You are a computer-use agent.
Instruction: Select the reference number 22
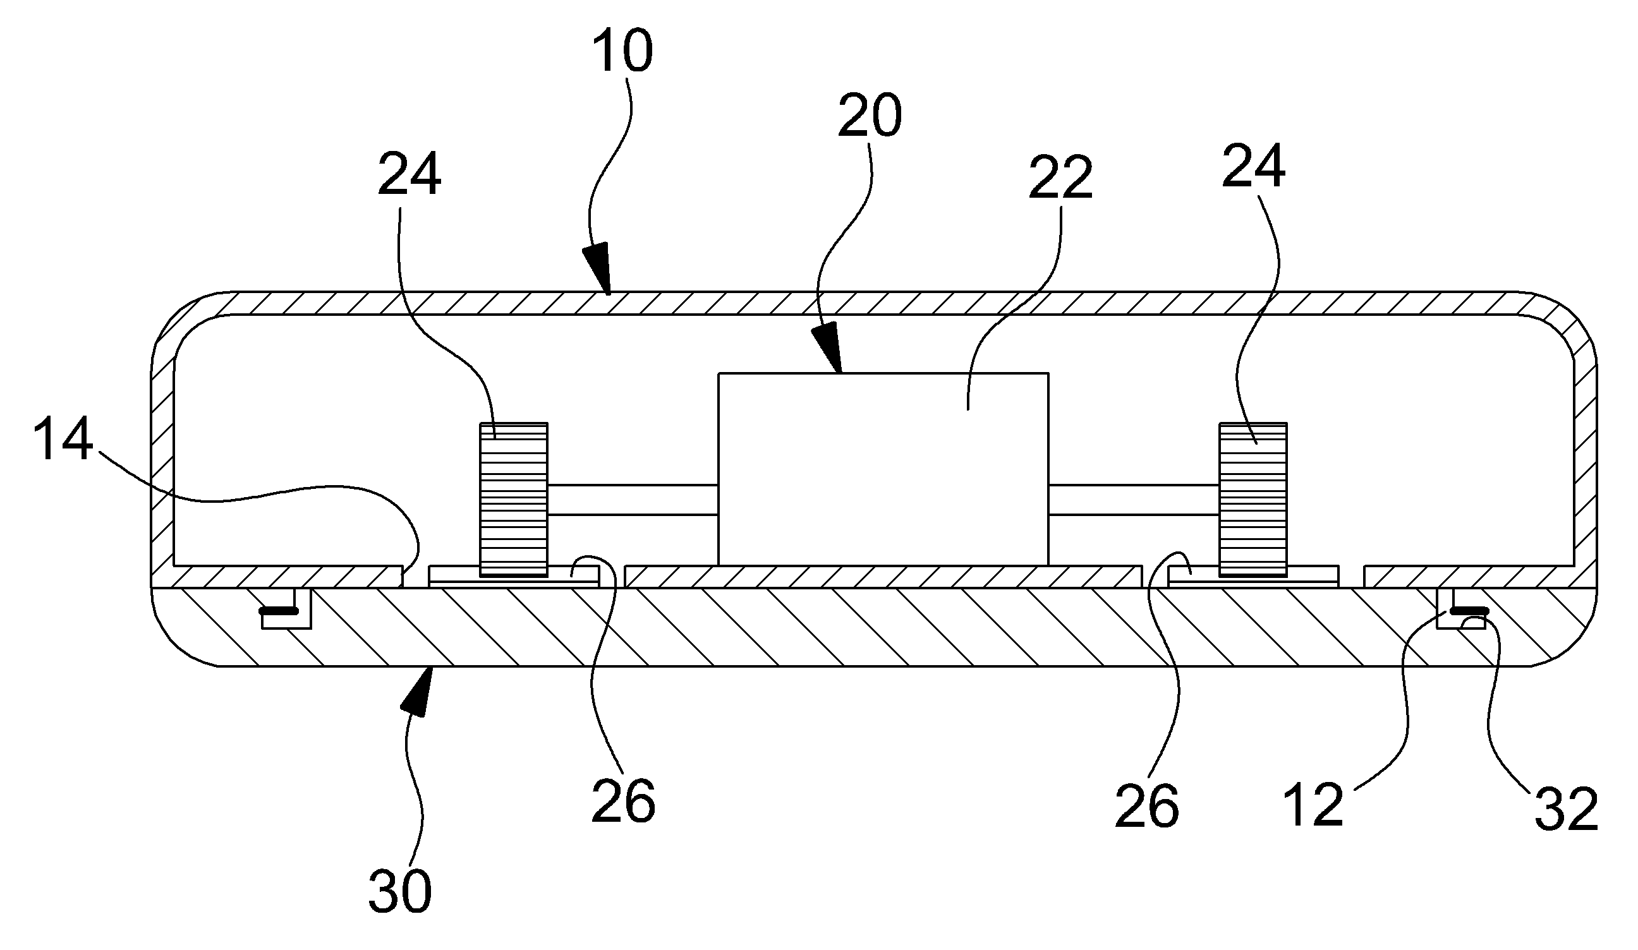point(1060,176)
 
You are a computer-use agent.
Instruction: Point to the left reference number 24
point(409,172)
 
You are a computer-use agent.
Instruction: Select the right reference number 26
point(1146,806)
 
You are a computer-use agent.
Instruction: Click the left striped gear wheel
point(514,500)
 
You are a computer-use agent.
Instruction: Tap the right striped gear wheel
point(1253,500)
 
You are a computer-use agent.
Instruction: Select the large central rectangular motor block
point(883,469)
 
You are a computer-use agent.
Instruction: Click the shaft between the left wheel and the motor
point(633,500)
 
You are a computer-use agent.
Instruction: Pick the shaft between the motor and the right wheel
point(1134,500)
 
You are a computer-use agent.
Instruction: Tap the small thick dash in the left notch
point(279,611)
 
